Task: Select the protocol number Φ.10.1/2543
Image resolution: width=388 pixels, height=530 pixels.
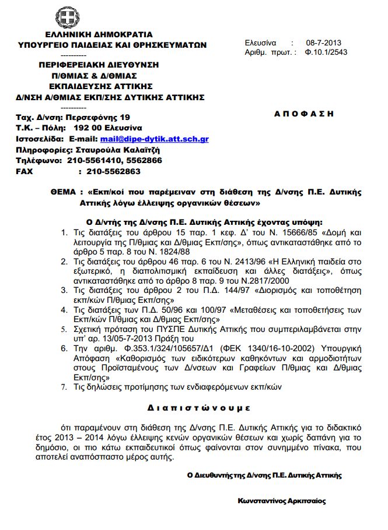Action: (x=326, y=52)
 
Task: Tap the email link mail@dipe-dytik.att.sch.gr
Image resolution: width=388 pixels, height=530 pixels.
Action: (x=155, y=139)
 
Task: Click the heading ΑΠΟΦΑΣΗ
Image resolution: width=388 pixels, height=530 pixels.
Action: (x=304, y=114)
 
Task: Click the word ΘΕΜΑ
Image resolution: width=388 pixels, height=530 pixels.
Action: (x=63, y=192)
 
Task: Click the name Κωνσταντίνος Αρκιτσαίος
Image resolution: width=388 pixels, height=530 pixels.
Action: (x=282, y=501)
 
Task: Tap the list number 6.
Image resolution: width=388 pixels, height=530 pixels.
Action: (x=65, y=348)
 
